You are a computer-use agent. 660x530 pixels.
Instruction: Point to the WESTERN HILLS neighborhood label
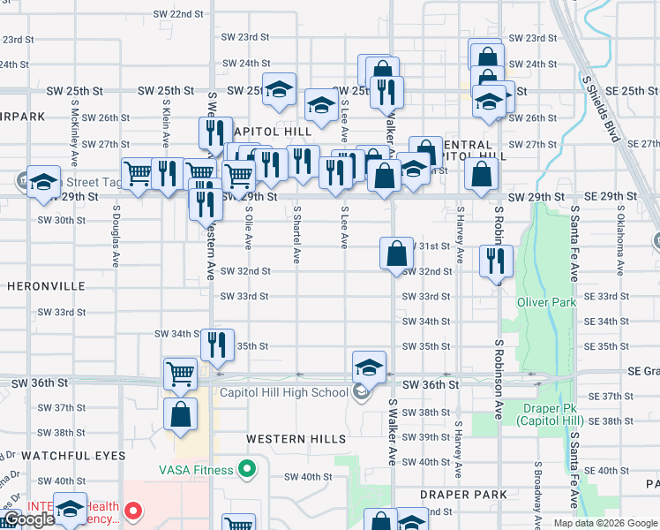[x=296, y=439]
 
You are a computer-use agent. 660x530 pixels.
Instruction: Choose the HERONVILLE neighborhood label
[x=46, y=286]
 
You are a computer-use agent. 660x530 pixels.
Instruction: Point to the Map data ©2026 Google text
[x=604, y=523]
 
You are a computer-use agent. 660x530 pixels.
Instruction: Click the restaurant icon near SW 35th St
[x=217, y=344]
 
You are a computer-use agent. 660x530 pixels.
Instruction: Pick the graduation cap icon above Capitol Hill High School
[x=369, y=366]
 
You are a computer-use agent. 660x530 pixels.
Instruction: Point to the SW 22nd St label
[x=177, y=15]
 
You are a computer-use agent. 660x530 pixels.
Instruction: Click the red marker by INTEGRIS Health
[x=133, y=510]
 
